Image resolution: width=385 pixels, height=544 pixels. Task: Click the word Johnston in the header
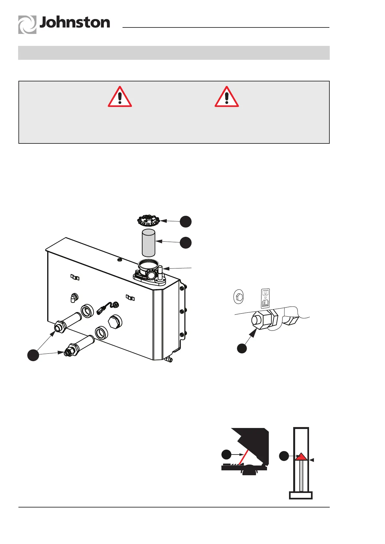pos(75,23)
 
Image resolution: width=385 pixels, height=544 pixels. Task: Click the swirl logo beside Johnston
pos(27,25)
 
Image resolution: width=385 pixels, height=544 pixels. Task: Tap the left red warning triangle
pos(120,97)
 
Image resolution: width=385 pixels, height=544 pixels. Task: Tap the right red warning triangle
pos(227,97)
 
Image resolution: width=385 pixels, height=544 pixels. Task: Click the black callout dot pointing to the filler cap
pos(186,222)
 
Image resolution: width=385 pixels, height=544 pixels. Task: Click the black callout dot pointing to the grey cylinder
pos(186,243)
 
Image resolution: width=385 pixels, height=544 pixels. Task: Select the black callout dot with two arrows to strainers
pos(33,355)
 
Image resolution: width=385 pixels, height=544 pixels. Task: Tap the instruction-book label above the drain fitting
pos(265,298)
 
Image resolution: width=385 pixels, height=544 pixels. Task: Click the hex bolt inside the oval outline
pos(238,297)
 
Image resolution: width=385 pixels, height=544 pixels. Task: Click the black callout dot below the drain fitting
pos(242,348)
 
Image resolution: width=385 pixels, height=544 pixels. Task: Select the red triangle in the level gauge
pos(301,456)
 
